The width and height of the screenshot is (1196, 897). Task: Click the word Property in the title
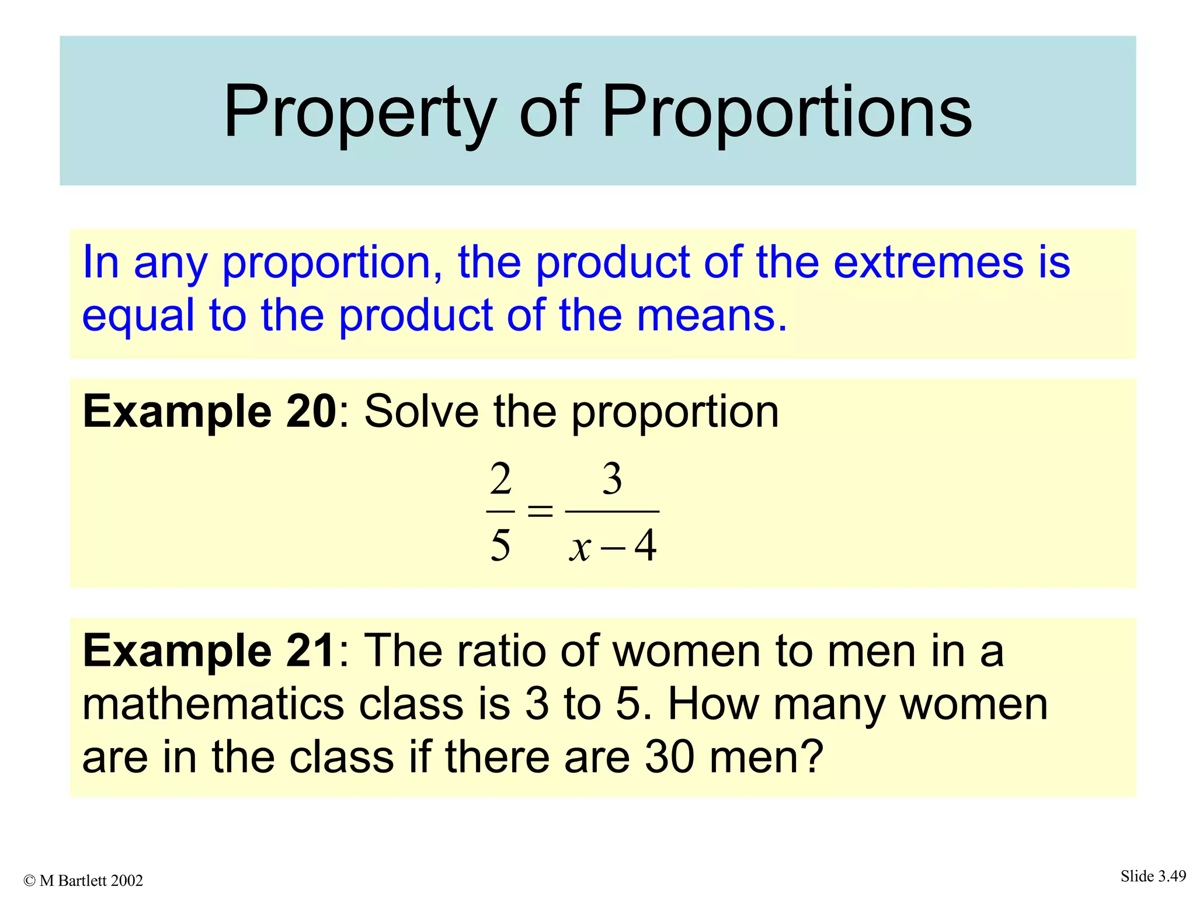coord(360,112)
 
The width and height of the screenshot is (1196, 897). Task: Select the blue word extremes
coord(928,262)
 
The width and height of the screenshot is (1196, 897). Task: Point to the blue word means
coord(711,315)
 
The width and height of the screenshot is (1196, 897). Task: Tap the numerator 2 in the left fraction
coord(500,479)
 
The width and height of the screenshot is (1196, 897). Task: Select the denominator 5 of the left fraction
coord(500,545)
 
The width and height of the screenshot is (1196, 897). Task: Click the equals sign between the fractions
coord(540,512)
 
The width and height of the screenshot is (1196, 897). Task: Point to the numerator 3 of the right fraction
coord(612,479)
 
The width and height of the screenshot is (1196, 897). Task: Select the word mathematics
coord(214,704)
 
